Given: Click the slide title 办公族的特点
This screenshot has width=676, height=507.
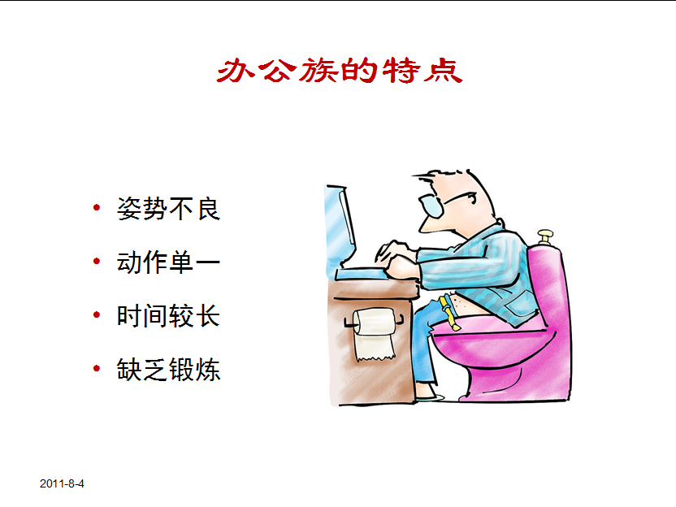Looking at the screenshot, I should click(x=340, y=71).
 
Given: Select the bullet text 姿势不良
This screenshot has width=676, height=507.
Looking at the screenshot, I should click(x=168, y=209).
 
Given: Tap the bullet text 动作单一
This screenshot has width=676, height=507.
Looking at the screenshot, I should click(x=168, y=262).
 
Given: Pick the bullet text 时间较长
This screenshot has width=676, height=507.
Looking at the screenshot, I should click(x=168, y=316).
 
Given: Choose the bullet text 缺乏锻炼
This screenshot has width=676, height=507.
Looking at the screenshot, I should click(x=168, y=370).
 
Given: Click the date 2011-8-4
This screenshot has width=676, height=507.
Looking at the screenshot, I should click(x=62, y=484).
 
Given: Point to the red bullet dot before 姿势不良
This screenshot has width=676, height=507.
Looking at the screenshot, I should click(x=97, y=209).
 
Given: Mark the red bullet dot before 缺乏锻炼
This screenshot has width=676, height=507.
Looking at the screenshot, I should click(x=97, y=370).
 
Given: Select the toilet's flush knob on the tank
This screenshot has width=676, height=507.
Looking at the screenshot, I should click(x=545, y=236).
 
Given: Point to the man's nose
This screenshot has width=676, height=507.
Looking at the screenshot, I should click(x=420, y=213).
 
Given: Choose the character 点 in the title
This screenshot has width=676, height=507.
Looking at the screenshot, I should click(x=443, y=71).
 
